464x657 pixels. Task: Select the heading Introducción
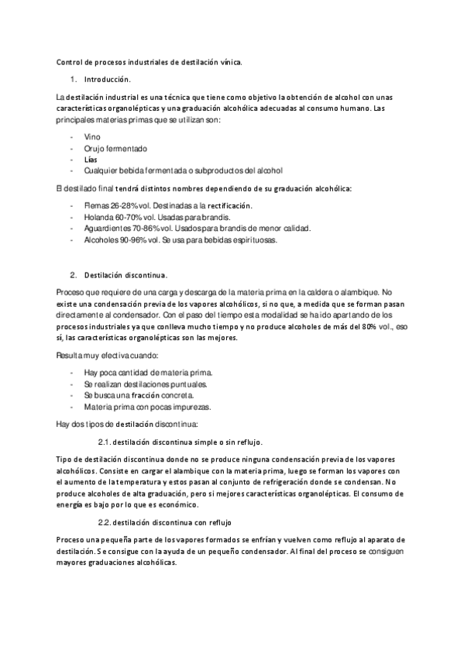click(x=108, y=80)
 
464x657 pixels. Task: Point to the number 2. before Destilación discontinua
click(x=73, y=274)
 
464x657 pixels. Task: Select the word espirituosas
click(x=253, y=240)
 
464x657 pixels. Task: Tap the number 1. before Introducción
click(x=73, y=80)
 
